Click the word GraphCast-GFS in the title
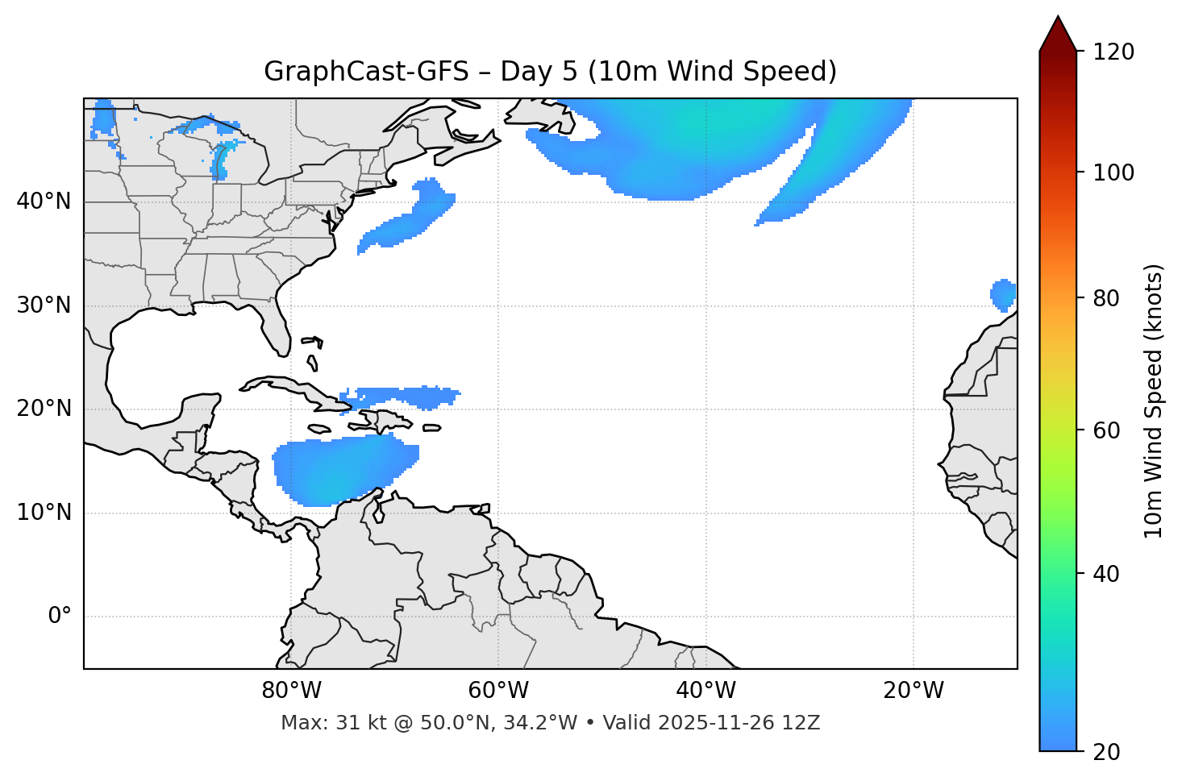coord(366,72)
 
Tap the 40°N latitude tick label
coord(44,201)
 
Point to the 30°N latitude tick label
coord(44,305)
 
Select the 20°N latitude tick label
coord(44,409)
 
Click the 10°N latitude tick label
coord(44,513)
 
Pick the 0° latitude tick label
coord(60,617)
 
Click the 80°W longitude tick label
coord(291,691)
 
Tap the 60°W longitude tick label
coord(498,691)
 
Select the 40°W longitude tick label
coord(705,691)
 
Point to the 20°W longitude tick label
coord(913,691)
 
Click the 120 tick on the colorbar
coord(1113,52)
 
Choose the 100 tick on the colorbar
coord(1113,172)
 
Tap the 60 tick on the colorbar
coord(1108,430)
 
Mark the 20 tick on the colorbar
coord(1108,752)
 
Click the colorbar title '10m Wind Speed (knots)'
coord(1154,401)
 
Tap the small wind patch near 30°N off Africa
coord(1003,294)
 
